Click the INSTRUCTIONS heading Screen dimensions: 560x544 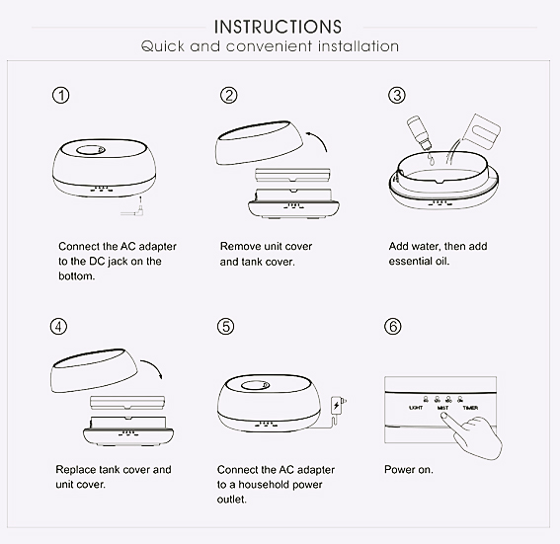278,27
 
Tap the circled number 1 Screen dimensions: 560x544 61,96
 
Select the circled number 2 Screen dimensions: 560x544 228,96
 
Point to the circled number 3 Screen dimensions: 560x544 397,96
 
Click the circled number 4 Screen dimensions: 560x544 58,326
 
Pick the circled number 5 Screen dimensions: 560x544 226,326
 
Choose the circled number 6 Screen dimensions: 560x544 393,326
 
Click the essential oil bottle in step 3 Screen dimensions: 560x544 420,132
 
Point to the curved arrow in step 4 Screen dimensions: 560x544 153,367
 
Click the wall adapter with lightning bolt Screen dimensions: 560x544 338,406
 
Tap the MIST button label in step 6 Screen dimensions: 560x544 442,408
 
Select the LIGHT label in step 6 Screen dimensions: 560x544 416,408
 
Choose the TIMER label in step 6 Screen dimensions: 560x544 470,408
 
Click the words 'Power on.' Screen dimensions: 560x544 409,470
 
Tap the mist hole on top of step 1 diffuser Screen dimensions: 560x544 90,150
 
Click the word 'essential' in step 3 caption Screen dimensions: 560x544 410,262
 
